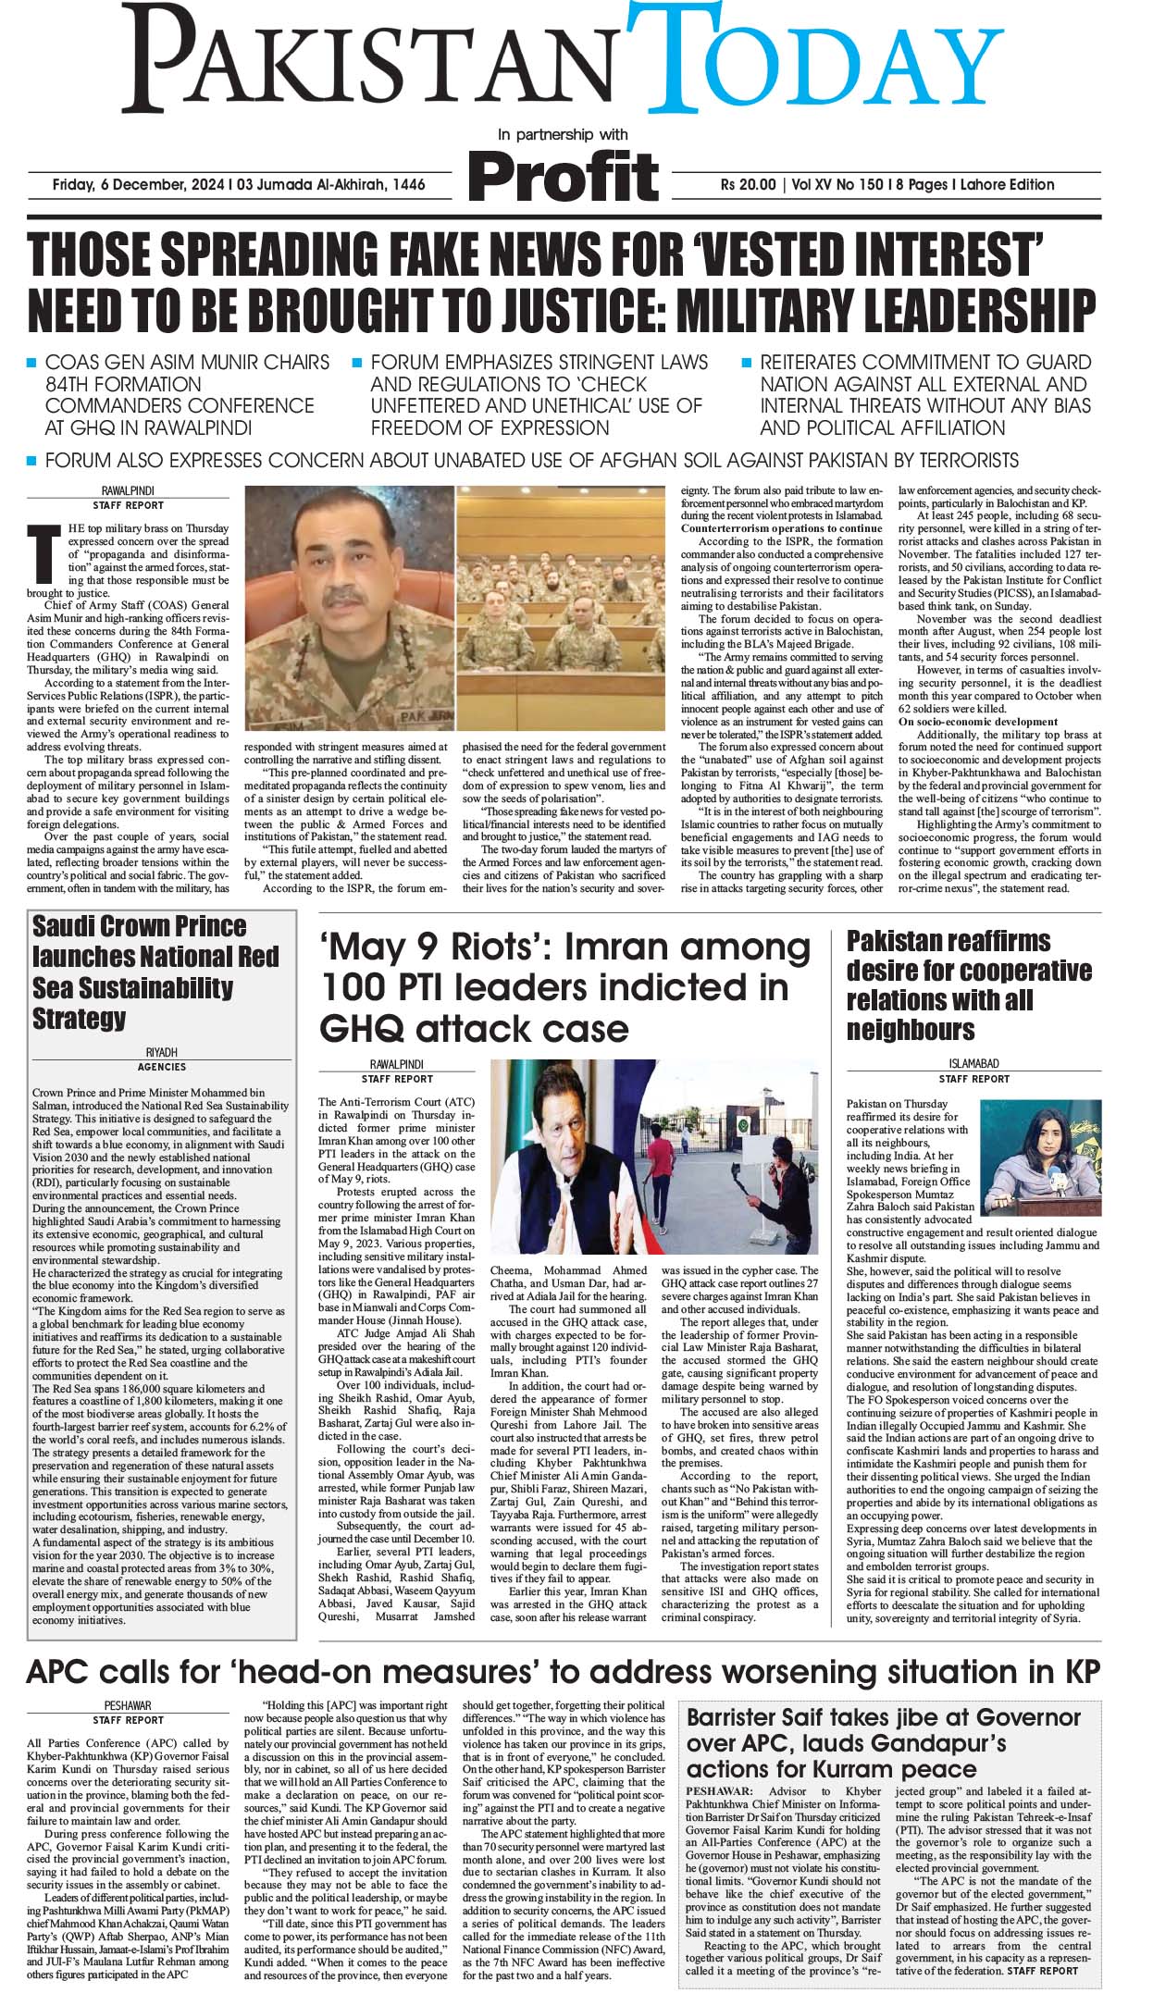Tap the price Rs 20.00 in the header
coord(749,184)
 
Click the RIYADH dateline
coord(162,1053)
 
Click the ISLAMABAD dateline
coord(973,1064)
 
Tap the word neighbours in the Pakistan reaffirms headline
coord(911,1030)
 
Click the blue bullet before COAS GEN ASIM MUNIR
coord(31,363)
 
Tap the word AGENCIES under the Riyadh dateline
coord(162,1067)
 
